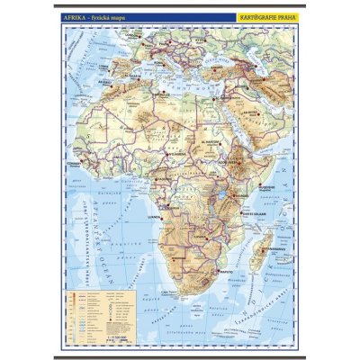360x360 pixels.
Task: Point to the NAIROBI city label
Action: [236, 189]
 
